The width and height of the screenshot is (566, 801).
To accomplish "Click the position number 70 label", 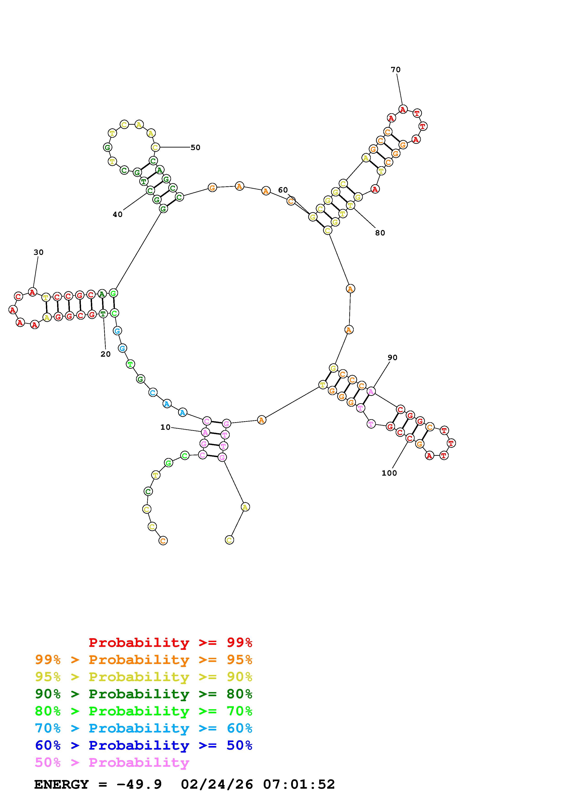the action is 395,70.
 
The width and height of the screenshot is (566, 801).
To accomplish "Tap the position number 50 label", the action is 195,148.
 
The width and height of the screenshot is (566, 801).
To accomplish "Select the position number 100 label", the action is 389,473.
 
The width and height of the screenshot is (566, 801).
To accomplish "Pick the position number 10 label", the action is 165,427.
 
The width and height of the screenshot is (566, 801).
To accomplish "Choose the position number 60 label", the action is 283,190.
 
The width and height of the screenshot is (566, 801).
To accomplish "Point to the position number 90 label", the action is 392,358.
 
